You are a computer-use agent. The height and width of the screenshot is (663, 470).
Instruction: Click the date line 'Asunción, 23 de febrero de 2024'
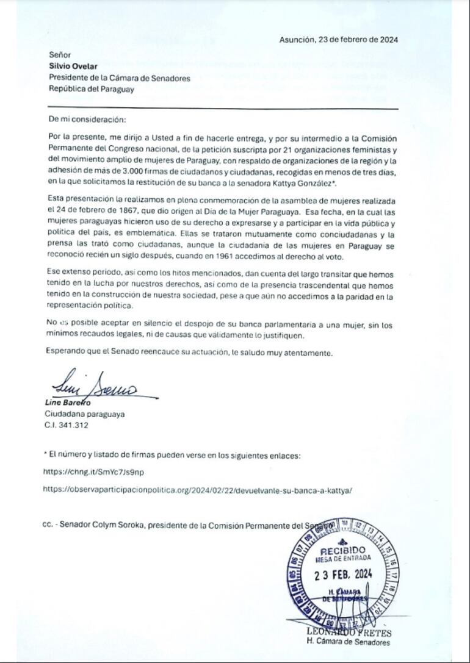pos(339,40)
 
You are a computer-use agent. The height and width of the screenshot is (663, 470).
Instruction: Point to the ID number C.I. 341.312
pos(67,425)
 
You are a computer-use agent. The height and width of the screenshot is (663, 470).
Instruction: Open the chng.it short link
pos(93,471)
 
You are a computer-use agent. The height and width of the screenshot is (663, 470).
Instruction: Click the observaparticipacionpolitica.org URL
pos(198,489)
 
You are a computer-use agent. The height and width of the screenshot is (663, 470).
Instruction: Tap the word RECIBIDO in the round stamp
pos(342,551)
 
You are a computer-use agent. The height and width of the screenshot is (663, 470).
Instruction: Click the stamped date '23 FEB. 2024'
pos(343,574)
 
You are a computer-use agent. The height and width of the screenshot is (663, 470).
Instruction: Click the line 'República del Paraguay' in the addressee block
pos(91,88)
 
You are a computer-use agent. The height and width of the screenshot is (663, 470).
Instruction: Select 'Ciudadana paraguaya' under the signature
pos(85,414)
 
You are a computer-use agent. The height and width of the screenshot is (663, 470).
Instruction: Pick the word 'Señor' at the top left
pos(59,55)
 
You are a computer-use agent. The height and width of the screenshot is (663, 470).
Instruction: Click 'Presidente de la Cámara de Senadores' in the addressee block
pos(119,77)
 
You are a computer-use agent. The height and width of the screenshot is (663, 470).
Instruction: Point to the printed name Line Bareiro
pos(68,403)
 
